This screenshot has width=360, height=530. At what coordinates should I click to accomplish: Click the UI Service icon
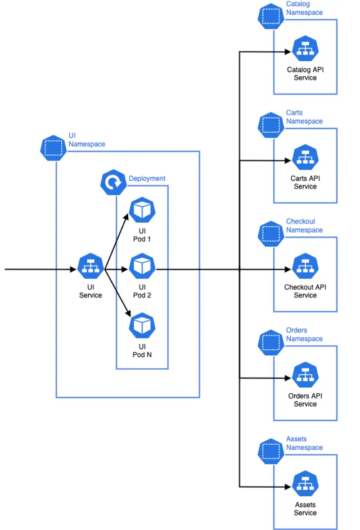90,267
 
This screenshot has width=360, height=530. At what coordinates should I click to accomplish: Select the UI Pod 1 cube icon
142,209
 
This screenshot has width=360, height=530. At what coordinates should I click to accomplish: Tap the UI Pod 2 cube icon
142,267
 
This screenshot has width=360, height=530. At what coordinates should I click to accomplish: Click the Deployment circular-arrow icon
113,182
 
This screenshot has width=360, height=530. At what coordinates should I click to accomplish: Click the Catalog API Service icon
305,49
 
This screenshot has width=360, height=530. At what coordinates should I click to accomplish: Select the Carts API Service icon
305,157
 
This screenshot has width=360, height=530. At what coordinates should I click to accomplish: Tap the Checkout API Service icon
305,266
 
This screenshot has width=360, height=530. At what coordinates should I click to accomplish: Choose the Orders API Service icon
305,375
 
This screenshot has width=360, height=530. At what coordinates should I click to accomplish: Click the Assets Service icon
305,484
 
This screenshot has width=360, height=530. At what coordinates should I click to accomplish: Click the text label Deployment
147,179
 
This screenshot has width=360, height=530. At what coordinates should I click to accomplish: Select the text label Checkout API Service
305,291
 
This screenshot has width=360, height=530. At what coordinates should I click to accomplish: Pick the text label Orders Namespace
304,334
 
